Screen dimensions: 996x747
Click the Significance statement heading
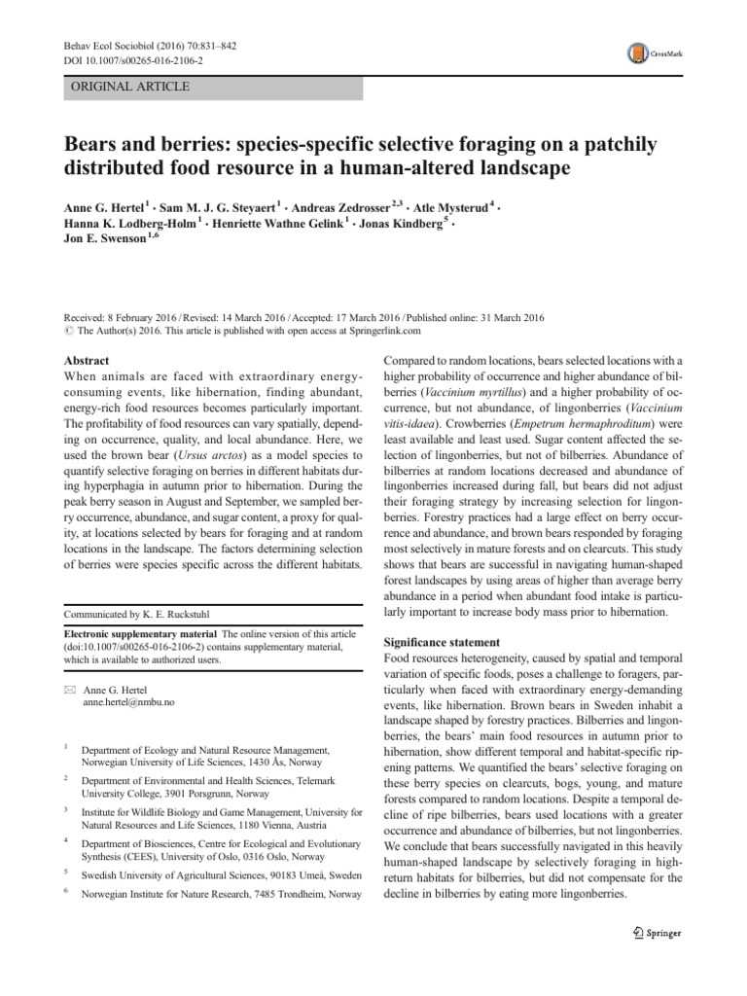click(444, 643)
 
